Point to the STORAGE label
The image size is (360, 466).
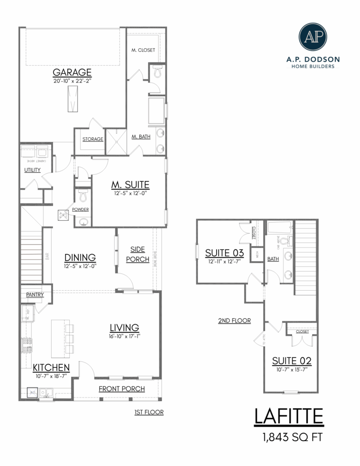click(x=93, y=139)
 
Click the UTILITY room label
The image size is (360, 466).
click(x=32, y=170)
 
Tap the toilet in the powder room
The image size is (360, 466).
click(x=83, y=194)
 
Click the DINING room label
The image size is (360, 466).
click(x=80, y=257)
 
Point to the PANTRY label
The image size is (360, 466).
click(x=35, y=295)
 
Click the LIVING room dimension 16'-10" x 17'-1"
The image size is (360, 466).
click(x=124, y=336)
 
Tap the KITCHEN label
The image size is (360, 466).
click(x=51, y=367)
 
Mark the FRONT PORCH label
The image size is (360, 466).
click(x=121, y=389)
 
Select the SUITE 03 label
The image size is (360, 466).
click(x=225, y=253)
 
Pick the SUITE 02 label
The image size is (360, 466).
click(x=292, y=361)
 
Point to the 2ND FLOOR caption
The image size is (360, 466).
click(x=234, y=321)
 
